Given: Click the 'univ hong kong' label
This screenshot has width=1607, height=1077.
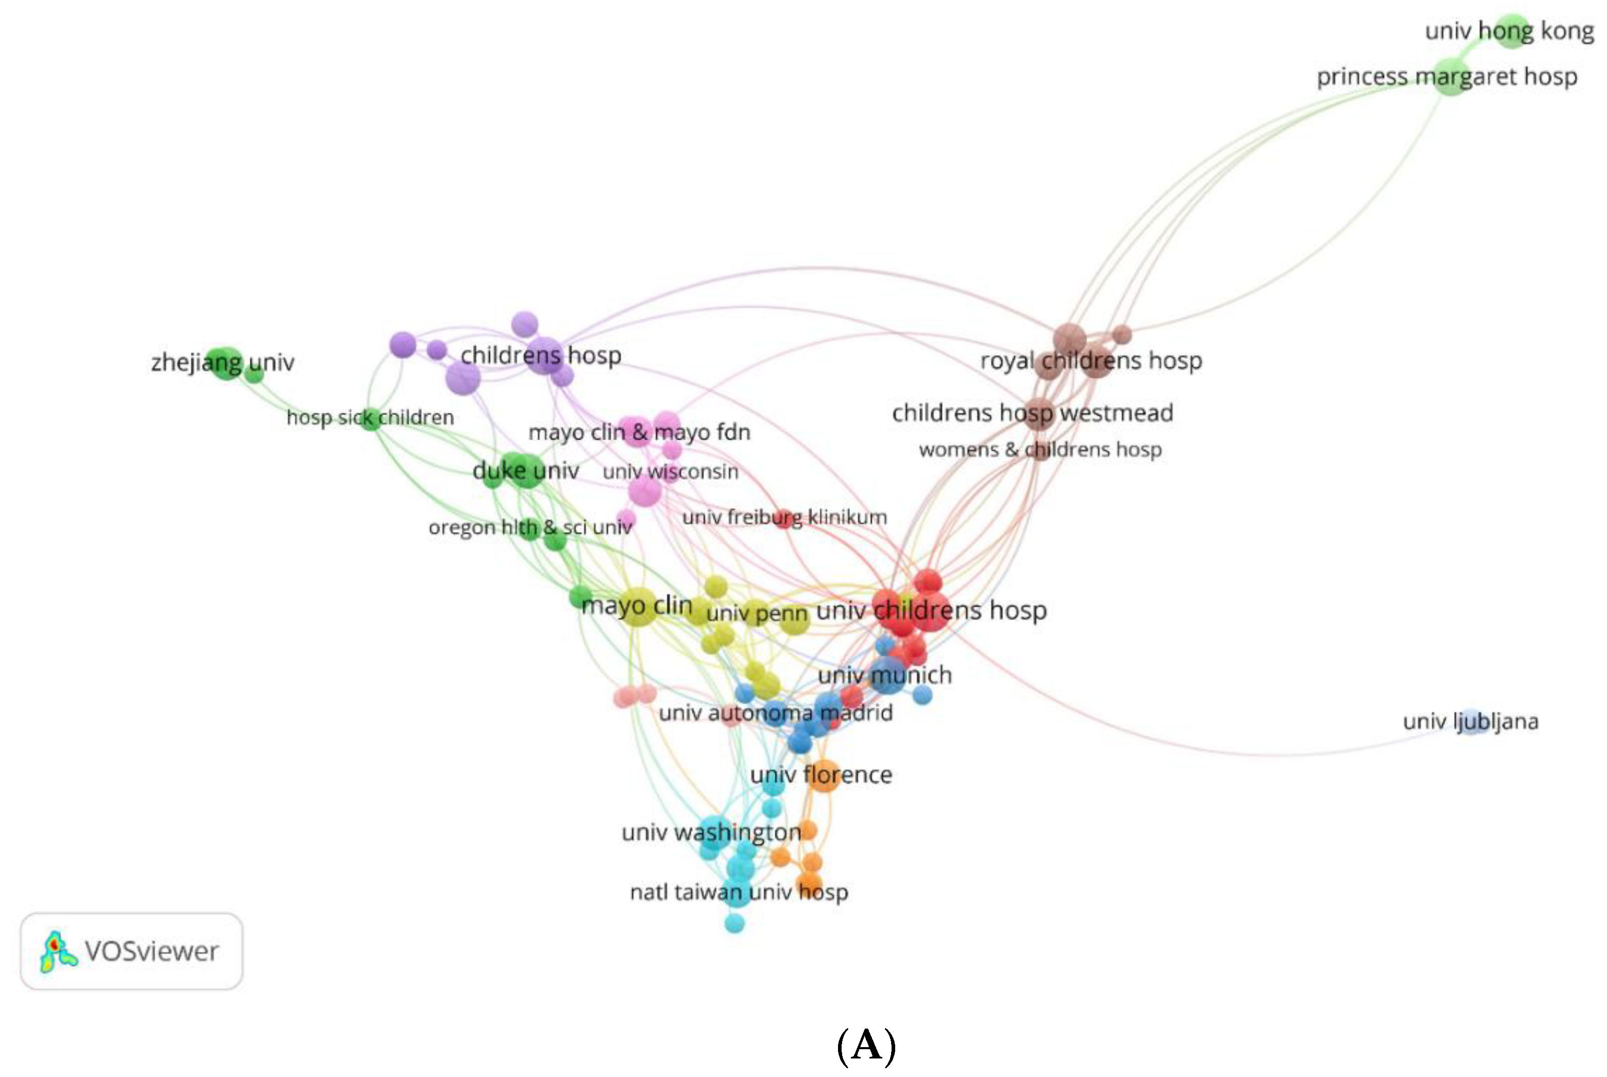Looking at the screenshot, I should point(1509,31).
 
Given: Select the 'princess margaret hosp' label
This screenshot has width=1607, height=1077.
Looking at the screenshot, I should point(1446,76).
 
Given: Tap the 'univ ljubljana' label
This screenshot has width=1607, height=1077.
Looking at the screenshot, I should point(1471,721).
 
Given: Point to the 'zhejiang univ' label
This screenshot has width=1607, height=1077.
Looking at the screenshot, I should point(223,362).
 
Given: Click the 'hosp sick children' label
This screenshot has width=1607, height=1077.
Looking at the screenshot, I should point(370,417).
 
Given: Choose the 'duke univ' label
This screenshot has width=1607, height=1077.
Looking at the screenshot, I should point(525,470).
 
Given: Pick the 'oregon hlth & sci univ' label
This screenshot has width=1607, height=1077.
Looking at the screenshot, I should point(529,527).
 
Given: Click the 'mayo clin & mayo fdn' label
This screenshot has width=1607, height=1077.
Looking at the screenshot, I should point(639,432).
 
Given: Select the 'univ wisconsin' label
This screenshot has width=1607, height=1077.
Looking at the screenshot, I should point(670,471).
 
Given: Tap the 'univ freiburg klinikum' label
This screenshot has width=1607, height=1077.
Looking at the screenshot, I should point(784,517).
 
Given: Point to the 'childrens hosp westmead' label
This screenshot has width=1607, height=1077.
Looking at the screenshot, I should point(1032,413).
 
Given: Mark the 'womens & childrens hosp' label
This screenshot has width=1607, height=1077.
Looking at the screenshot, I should point(1040,449).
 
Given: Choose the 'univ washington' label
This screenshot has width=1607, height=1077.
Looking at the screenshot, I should point(711,832).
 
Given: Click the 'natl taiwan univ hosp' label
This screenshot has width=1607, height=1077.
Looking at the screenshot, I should point(739,892).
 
